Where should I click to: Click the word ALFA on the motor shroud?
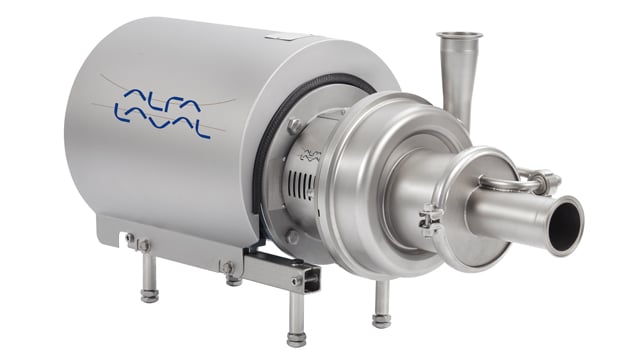162,100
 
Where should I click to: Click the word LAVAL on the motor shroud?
162,120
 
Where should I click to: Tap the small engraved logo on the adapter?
311,156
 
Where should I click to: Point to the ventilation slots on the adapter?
302,182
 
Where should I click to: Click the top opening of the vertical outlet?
459,36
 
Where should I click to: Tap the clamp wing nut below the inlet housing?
430,221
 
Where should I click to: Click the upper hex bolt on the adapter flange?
294,125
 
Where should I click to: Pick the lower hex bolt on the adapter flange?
293,237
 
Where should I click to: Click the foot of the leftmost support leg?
149,296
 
